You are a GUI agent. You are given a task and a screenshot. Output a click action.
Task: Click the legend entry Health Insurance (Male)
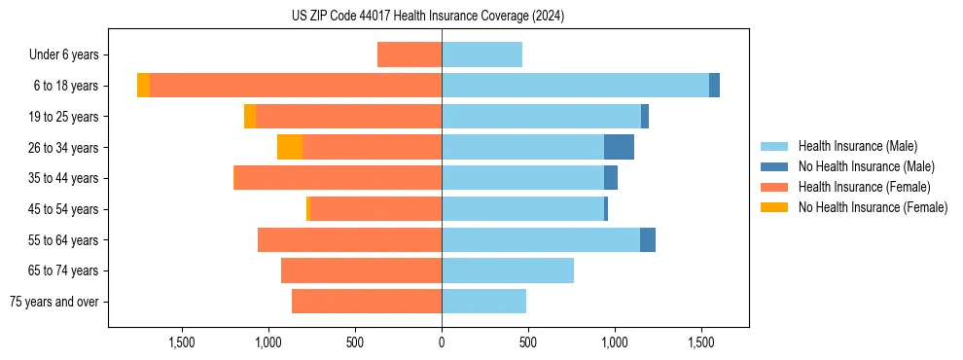[x=857, y=146]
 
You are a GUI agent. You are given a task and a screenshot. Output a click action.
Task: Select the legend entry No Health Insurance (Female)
[x=873, y=207]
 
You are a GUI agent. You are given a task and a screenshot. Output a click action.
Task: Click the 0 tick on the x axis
[x=442, y=342]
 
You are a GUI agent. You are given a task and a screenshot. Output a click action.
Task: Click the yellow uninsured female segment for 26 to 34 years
[x=290, y=147]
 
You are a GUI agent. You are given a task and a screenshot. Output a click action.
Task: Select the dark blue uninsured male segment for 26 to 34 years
[x=619, y=147]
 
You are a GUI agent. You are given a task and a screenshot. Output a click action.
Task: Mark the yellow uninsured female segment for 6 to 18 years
[x=143, y=86]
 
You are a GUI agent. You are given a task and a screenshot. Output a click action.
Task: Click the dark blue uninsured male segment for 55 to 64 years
[x=648, y=239]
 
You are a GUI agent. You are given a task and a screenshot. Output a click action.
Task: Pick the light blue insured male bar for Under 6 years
[x=481, y=54]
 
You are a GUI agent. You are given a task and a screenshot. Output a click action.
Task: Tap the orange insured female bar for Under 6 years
[x=410, y=54]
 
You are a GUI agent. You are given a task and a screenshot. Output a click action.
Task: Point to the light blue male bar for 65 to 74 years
[x=508, y=270]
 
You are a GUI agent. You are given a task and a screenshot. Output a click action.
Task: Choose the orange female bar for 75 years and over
[x=367, y=302]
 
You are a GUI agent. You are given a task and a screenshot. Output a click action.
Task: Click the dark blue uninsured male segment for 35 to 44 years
[x=611, y=178]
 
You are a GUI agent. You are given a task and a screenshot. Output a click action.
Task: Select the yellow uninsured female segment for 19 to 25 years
[x=250, y=117]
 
